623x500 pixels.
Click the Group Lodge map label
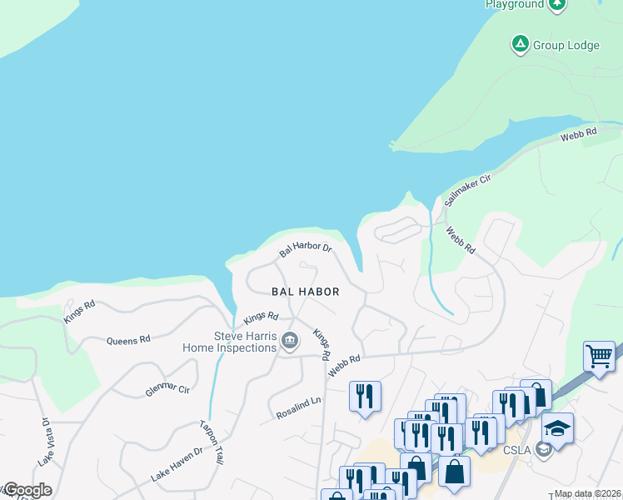pyautogui.click(x=566, y=45)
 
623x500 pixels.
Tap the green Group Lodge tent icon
pyautogui.click(x=521, y=43)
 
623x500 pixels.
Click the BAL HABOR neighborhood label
pyautogui.click(x=306, y=292)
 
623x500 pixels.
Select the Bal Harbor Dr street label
pyautogui.click(x=306, y=248)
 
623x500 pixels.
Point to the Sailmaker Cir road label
pyautogui.click(x=468, y=190)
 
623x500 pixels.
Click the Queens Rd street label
pyautogui.click(x=128, y=340)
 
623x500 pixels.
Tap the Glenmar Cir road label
pyautogui.click(x=167, y=388)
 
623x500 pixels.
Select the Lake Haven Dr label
pyautogui.click(x=177, y=465)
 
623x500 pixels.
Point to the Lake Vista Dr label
pyautogui.click(x=45, y=442)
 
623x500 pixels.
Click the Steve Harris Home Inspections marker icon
pyautogui.click(x=290, y=340)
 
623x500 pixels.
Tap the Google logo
pyautogui.click(x=27, y=490)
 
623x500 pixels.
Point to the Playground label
pyautogui.click(x=515, y=4)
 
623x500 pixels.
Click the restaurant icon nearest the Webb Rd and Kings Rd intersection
pyautogui.click(x=365, y=396)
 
